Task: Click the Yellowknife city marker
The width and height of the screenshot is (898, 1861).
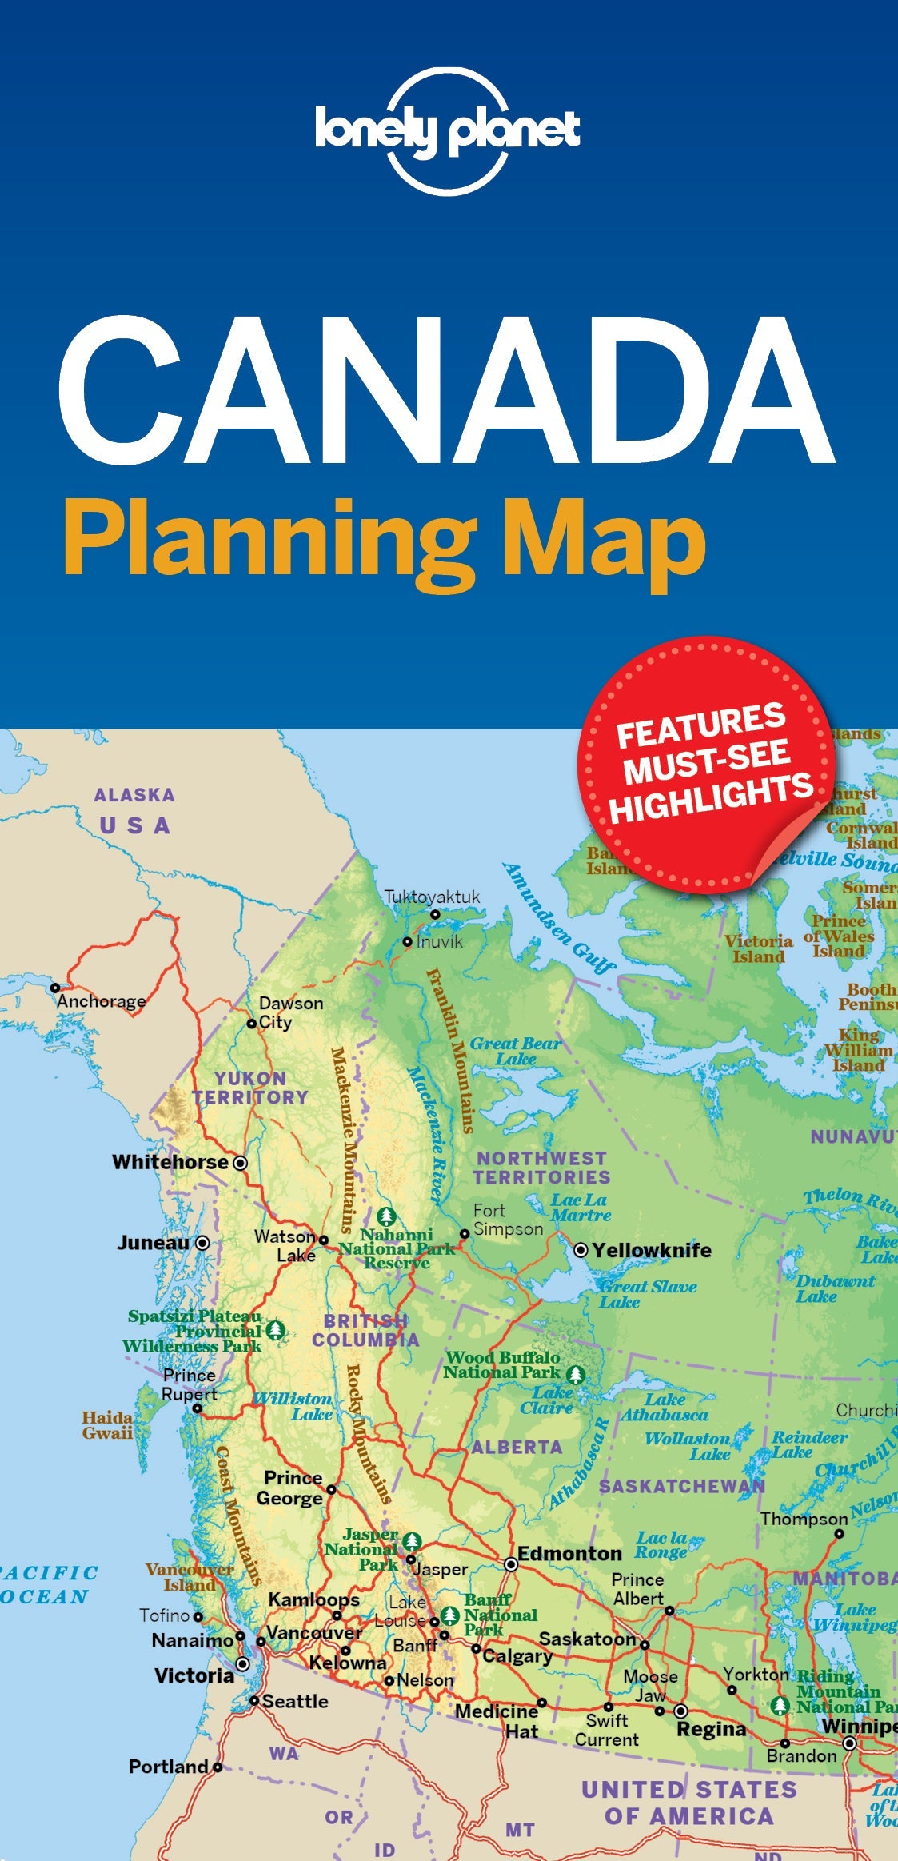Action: (x=581, y=1250)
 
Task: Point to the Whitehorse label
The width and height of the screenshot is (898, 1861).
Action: (x=170, y=1162)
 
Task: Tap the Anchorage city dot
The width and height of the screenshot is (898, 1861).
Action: (x=55, y=988)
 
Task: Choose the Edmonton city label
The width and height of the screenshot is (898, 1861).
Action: (x=569, y=1553)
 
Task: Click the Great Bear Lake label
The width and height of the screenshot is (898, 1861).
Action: (x=515, y=1051)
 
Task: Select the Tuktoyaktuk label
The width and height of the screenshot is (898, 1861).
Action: (x=432, y=897)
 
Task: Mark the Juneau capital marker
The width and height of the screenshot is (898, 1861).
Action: (x=203, y=1242)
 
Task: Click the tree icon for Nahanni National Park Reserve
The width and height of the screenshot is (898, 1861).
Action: (x=387, y=1216)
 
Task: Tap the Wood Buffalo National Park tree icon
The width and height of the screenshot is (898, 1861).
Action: (x=575, y=1375)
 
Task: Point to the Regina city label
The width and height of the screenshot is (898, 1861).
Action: (x=711, y=1729)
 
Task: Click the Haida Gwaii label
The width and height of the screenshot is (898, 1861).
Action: (x=107, y=1425)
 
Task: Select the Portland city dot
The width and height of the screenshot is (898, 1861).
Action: (x=218, y=1767)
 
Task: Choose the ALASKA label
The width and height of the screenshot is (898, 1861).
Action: (x=134, y=795)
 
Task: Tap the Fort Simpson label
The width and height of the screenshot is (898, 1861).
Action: (x=507, y=1220)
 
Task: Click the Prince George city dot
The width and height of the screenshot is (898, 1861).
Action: (x=331, y=1489)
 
